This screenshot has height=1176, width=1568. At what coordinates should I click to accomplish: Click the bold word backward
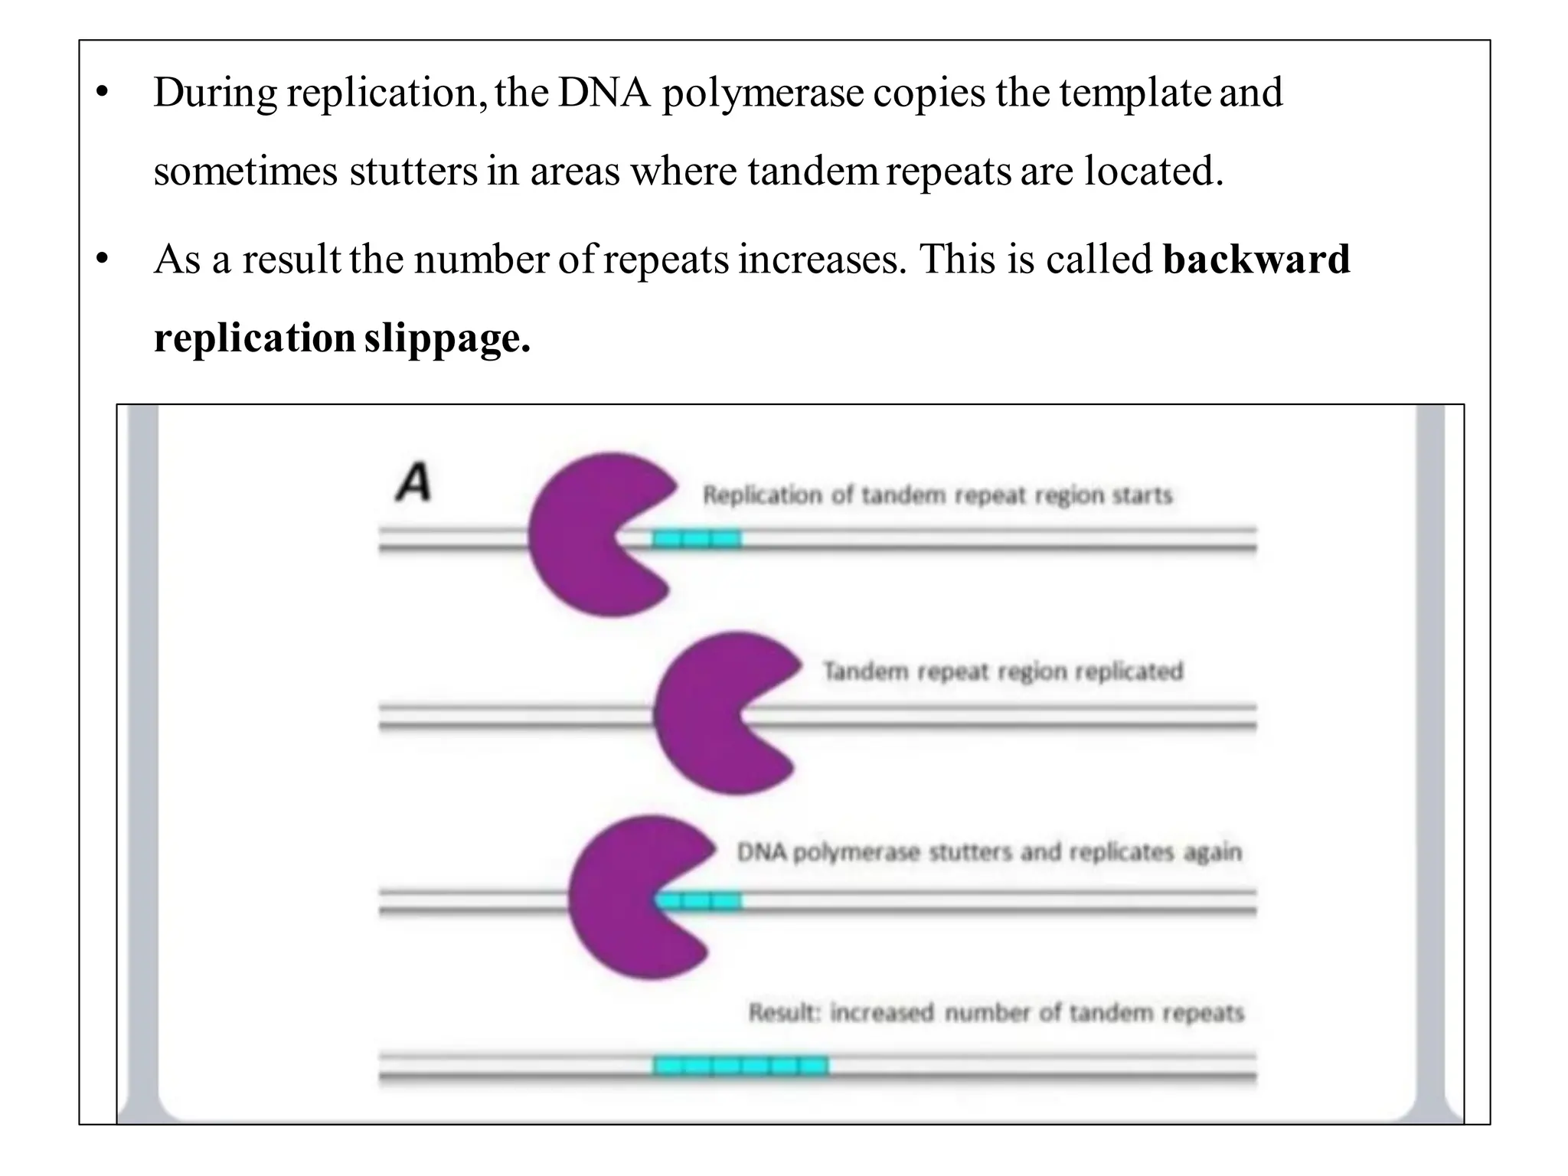tap(1256, 259)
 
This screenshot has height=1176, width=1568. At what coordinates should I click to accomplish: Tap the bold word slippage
tap(447, 338)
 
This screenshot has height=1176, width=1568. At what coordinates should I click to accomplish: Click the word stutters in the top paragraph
tap(413, 171)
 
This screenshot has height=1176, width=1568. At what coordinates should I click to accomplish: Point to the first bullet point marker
tap(102, 93)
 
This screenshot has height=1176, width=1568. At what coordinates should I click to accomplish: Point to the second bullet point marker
tap(102, 260)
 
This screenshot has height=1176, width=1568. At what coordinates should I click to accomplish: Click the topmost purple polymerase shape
tap(590, 536)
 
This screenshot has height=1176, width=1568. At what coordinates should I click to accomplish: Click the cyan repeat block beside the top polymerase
tap(697, 540)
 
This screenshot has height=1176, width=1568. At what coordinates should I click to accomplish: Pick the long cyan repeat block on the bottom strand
tap(740, 1065)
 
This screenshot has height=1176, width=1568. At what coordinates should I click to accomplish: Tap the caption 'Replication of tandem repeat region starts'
tap(937, 495)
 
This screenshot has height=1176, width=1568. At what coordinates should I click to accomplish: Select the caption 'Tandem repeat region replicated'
tap(1003, 671)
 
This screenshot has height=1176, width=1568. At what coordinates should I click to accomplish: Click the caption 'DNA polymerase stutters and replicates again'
tap(988, 852)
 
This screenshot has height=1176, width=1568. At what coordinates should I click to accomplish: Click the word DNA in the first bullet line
tap(604, 93)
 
